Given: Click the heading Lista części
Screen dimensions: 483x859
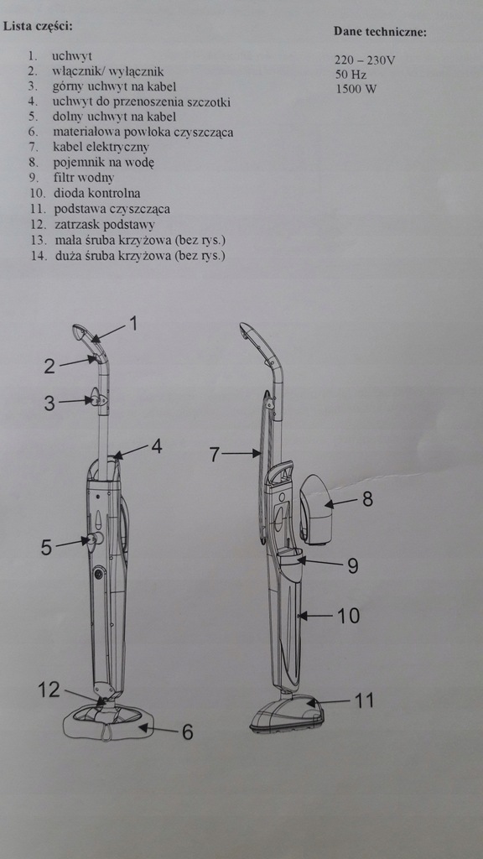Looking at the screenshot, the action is (x=38, y=26).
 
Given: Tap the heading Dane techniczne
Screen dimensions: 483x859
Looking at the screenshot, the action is (x=380, y=32).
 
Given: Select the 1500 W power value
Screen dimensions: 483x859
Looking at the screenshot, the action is (x=356, y=89).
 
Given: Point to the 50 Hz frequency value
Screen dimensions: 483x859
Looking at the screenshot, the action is (x=351, y=74).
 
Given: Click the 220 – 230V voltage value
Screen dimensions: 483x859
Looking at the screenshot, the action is (x=365, y=60).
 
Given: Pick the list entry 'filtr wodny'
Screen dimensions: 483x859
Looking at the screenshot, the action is (x=83, y=178).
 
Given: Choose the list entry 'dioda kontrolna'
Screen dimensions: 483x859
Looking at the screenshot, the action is (x=97, y=194).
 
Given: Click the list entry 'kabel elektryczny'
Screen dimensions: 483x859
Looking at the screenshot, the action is (x=101, y=148).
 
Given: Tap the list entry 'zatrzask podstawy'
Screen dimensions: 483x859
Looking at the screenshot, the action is (x=104, y=225).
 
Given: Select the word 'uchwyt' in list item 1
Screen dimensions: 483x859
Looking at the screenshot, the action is (x=72, y=56).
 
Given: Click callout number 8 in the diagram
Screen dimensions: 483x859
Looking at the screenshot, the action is (x=367, y=499).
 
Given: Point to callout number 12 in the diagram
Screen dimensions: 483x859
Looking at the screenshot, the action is (x=49, y=690).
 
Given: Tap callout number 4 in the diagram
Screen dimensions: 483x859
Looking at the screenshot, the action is (x=157, y=446).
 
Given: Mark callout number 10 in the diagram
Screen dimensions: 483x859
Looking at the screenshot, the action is (x=348, y=616).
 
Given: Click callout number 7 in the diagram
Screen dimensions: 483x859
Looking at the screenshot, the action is (x=215, y=454).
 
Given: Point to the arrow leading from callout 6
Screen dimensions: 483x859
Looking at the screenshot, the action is (x=158, y=729).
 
